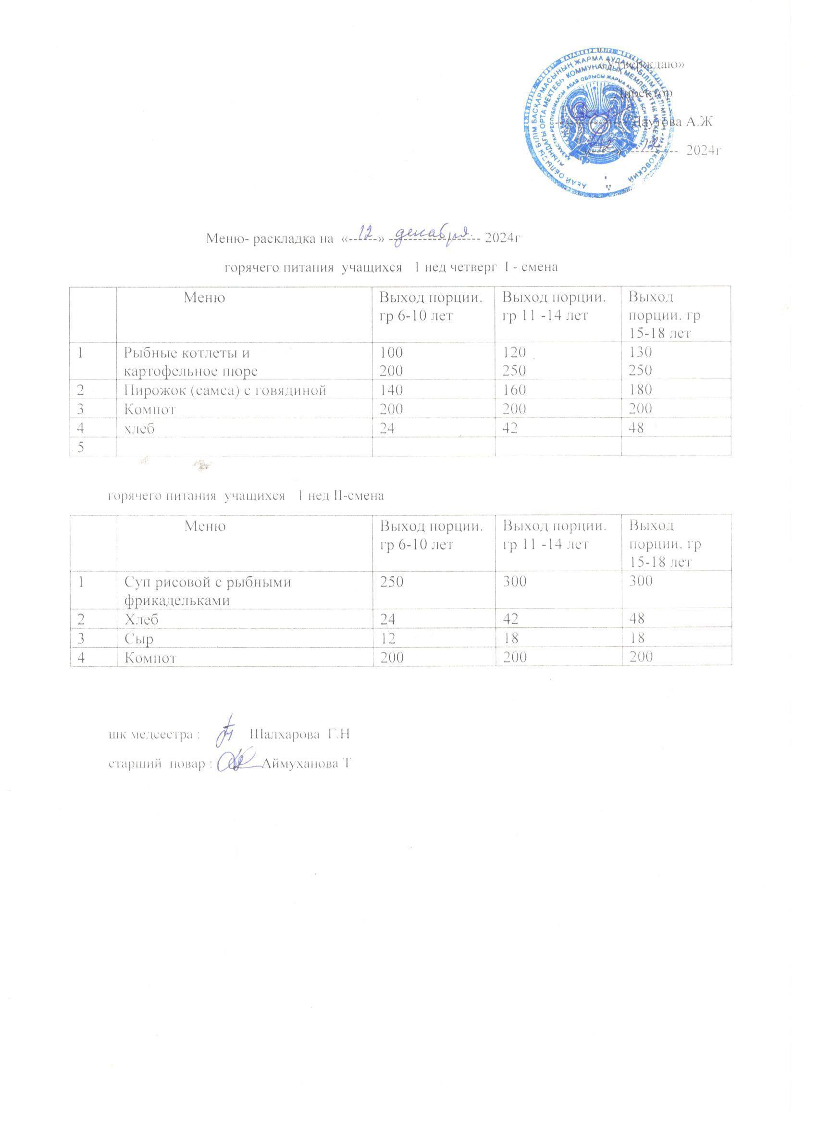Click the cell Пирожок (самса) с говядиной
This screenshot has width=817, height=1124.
[x=224, y=390]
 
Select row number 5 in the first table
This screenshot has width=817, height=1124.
[x=80, y=447]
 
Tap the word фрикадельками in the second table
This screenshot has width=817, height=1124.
[x=176, y=600]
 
